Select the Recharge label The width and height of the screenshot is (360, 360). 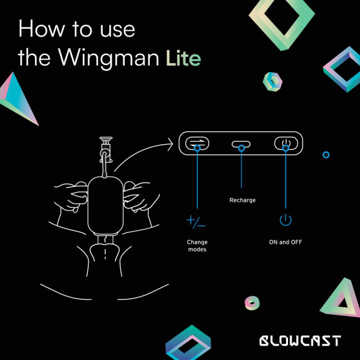242,200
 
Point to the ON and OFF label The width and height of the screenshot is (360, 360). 286,242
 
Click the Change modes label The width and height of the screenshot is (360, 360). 197,246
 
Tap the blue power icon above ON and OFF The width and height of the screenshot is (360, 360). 285,220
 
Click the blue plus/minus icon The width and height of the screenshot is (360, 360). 196,221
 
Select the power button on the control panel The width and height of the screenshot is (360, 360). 286,143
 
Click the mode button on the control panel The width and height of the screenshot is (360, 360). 197,143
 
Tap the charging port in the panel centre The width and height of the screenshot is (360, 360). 241,144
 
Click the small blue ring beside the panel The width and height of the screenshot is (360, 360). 326,155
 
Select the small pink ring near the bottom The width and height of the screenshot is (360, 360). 252,303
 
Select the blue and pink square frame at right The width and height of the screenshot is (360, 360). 341,69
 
